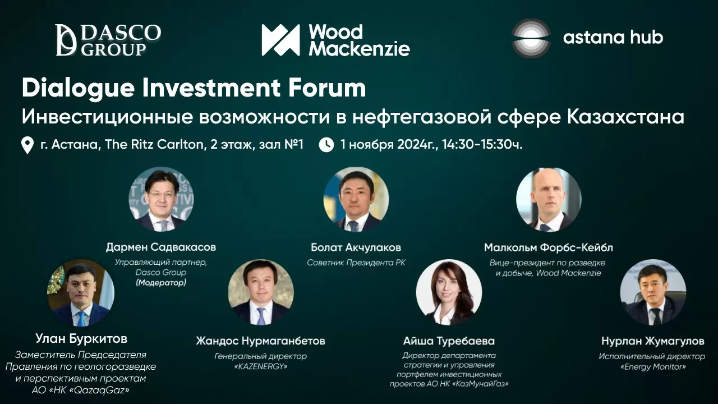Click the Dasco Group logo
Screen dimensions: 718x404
[108, 40]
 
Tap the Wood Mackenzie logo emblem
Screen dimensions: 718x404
[280, 40]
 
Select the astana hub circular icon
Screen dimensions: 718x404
[531, 38]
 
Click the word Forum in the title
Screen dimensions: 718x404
[327, 88]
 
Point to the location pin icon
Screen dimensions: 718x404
[27, 145]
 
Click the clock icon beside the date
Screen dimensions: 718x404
[326, 145]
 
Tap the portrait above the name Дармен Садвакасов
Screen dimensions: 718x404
[161, 199]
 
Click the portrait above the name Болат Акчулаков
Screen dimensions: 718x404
[356, 199]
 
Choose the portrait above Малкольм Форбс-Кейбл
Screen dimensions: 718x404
[549, 200]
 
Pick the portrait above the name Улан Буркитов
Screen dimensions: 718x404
[81, 292]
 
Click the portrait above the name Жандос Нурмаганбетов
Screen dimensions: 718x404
[261, 292]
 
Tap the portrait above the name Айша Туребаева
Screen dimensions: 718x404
[449, 292]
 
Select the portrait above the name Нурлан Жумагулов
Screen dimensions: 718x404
[653, 292]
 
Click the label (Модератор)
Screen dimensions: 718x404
[161, 282]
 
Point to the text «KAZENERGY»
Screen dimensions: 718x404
[261, 366]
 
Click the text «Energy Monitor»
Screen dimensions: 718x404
[653, 366]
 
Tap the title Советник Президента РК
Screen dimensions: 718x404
[356, 263]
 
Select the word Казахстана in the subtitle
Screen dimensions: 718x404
[625, 117]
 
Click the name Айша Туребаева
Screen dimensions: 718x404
[449, 341]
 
